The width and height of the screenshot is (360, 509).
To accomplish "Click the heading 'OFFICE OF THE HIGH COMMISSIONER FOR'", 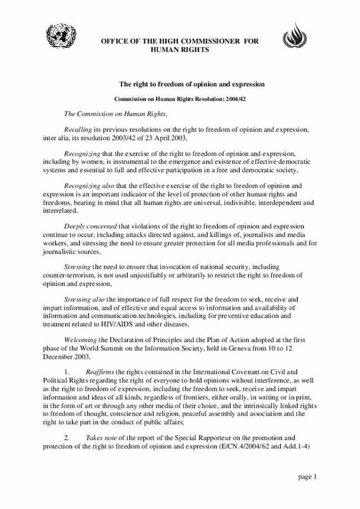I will tap(179, 43).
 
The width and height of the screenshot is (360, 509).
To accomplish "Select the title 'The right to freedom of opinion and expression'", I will tap(191, 84).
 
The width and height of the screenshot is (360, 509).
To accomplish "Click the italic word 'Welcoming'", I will tap(79, 339).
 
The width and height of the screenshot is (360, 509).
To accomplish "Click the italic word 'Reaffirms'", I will tap(101, 372).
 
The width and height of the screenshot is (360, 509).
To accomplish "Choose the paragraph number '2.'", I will tap(66, 437).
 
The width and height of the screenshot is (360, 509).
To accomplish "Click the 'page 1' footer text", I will tap(307, 477).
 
